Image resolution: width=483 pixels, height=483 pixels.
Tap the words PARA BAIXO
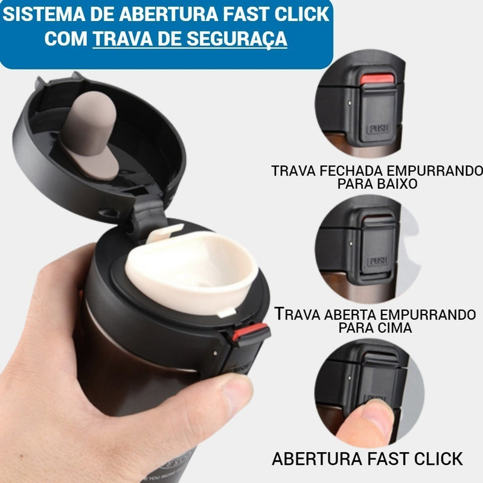[377, 184]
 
